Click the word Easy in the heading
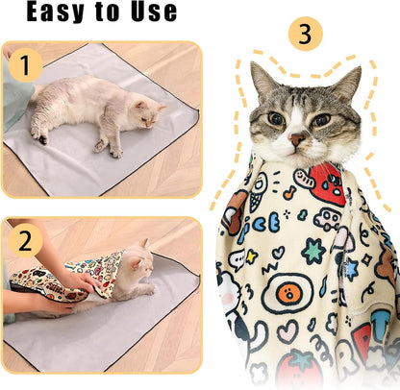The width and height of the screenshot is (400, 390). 55,12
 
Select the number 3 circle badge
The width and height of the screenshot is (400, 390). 305,36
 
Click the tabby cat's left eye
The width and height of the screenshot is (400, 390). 276,119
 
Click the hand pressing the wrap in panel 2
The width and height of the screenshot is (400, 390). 77,283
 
